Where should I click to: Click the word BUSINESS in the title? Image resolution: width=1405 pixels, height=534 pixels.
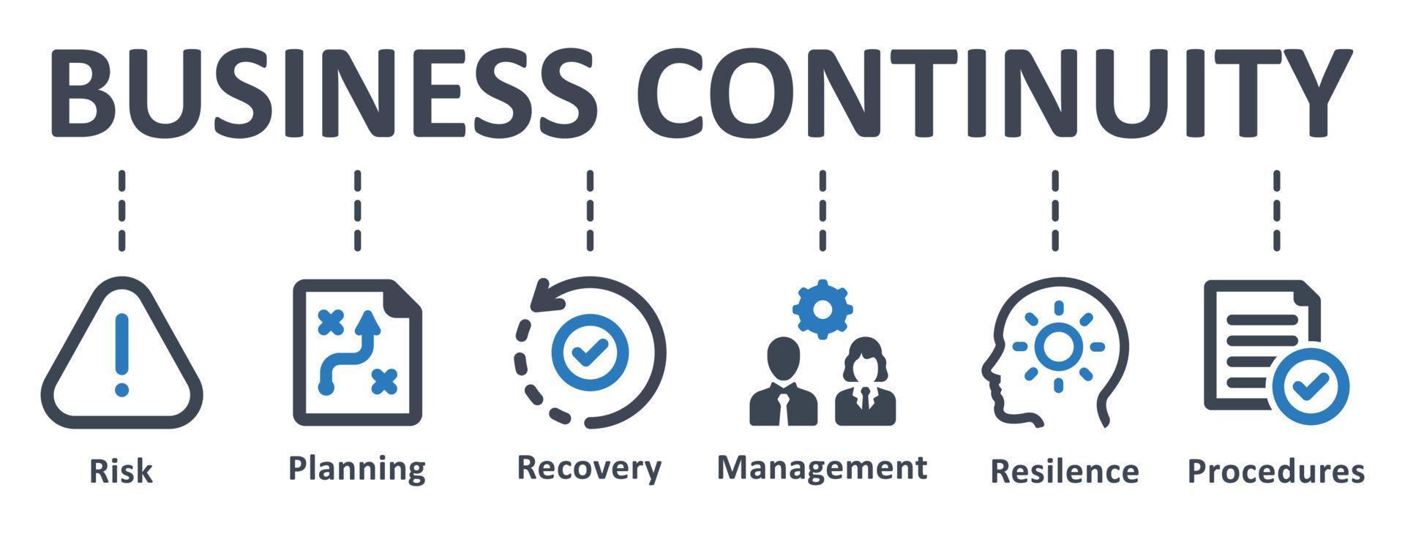click(322, 91)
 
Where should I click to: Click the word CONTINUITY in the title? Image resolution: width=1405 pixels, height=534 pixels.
click(999, 91)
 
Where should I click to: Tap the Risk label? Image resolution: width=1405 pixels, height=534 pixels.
click(121, 471)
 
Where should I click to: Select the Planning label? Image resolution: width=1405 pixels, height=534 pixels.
click(357, 468)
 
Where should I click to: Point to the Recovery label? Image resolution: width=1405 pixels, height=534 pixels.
click(589, 468)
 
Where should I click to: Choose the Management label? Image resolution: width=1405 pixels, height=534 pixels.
click(822, 467)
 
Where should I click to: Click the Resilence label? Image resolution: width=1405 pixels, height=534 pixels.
click(1064, 471)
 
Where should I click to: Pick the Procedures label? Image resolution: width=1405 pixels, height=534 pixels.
click(1275, 471)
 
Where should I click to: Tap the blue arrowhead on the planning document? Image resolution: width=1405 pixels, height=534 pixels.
click(369, 321)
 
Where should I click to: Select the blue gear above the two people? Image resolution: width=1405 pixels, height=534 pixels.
click(823, 309)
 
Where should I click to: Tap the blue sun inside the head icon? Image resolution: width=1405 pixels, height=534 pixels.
click(1057, 347)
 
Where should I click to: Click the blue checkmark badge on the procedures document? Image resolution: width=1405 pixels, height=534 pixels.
click(1311, 386)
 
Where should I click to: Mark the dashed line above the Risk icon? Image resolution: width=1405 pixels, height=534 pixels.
click(121, 211)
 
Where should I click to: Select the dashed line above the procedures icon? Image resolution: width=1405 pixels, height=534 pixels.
click(1276, 211)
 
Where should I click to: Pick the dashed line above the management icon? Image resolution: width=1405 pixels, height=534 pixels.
click(823, 211)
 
